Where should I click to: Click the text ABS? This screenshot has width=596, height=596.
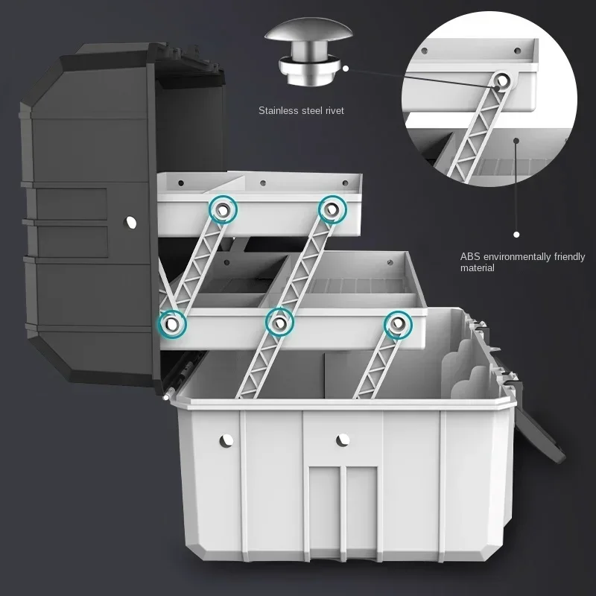click(470, 257)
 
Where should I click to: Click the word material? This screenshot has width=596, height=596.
click(477, 268)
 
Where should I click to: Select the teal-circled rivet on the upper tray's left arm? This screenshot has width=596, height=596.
click(222, 209)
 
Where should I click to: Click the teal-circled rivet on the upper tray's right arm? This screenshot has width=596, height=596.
click(332, 209)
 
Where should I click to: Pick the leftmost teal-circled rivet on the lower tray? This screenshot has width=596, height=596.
click(172, 323)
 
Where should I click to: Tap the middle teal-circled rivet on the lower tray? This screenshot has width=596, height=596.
click(279, 323)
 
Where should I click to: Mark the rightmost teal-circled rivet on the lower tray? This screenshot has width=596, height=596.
click(397, 323)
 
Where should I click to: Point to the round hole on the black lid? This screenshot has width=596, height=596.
click(131, 221)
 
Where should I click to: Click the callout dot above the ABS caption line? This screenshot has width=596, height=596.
click(516, 139)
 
